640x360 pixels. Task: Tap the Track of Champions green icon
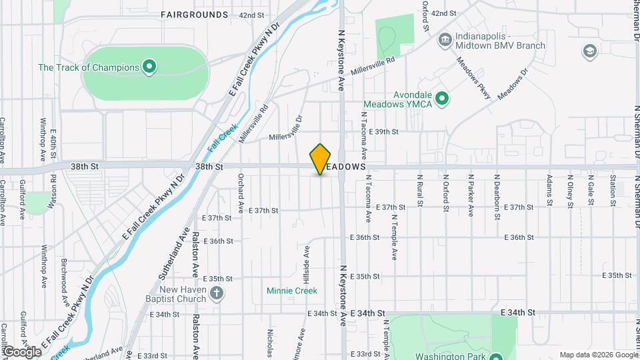150,67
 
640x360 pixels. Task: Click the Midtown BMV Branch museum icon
443,40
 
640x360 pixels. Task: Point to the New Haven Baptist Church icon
216,293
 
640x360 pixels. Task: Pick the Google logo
21,351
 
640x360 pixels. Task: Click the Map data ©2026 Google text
598,355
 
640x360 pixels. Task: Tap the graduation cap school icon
589,51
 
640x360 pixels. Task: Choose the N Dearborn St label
497,190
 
